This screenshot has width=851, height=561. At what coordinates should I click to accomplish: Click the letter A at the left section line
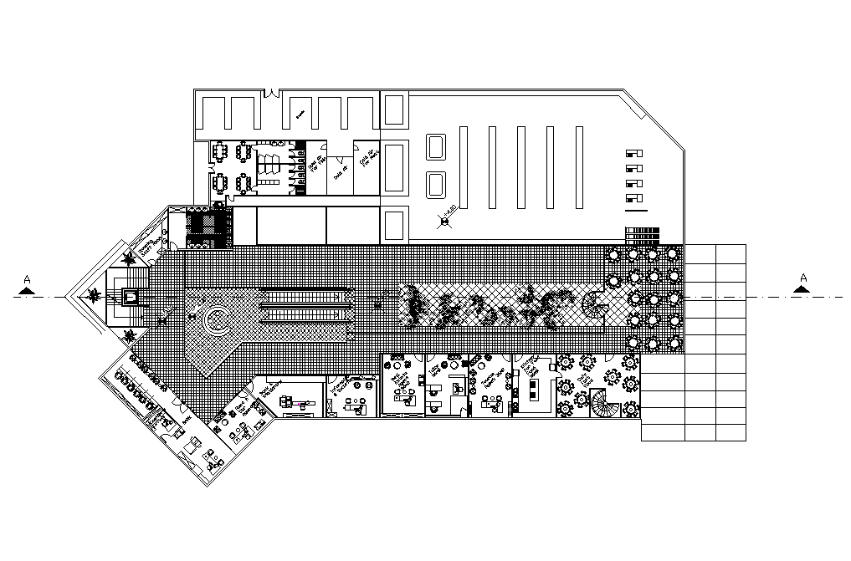pos(28,278)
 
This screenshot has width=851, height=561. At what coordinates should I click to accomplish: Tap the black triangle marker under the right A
pos(803,289)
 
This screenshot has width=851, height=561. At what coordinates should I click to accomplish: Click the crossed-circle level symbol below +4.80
pos(444,222)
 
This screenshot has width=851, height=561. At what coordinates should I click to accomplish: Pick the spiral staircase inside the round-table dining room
pos(605,407)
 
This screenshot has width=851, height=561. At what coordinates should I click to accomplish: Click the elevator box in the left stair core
pos(130,296)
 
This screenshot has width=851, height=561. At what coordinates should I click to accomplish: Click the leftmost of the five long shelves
pos(463,167)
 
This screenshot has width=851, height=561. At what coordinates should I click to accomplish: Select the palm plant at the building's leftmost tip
pos(96,293)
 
